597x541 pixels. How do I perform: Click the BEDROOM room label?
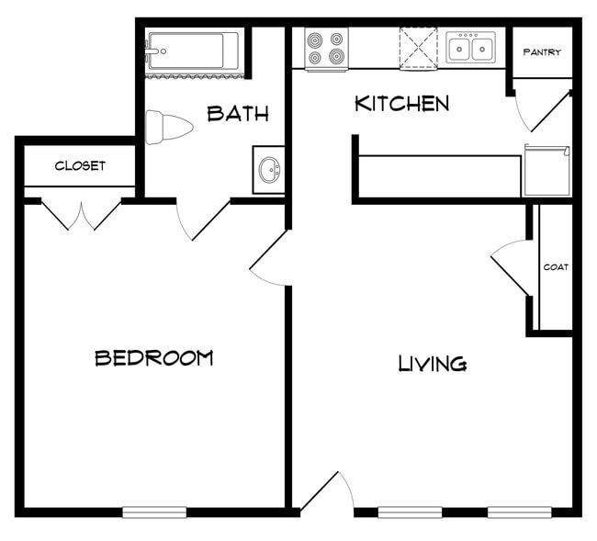pyautogui.click(x=153, y=357)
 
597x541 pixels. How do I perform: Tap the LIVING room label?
pyautogui.click(x=432, y=364)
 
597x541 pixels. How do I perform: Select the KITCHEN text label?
pyautogui.click(x=402, y=103)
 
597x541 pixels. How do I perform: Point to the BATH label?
pyautogui.click(x=238, y=114)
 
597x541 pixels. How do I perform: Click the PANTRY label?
pyautogui.click(x=542, y=52)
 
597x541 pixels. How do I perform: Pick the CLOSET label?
pyautogui.click(x=80, y=166)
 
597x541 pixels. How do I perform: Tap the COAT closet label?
pyautogui.click(x=556, y=267)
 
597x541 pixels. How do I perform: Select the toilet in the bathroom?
pyautogui.click(x=168, y=126)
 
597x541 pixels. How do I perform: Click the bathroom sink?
pyautogui.click(x=269, y=170)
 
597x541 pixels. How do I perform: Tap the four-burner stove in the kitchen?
pyautogui.click(x=327, y=49)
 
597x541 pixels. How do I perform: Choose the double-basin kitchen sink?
pyautogui.click(x=471, y=47)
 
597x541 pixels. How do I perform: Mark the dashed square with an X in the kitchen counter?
pyautogui.click(x=418, y=48)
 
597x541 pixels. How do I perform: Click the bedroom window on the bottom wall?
pyautogui.click(x=154, y=512)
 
